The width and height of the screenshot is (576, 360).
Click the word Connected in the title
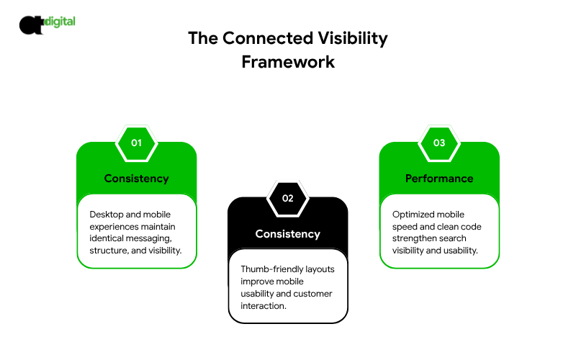pyautogui.click(x=268, y=38)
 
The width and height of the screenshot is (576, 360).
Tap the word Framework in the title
pyautogui.click(x=288, y=62)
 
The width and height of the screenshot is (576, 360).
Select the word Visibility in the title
pyautogui.click(x=353, y=39)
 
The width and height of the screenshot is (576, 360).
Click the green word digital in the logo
pyautogui.click(x=60, y=22)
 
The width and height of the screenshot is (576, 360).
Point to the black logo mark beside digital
pyautogui.click(x=32, y=25)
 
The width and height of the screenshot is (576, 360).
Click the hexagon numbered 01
pyautogui.click(x=137, y=143)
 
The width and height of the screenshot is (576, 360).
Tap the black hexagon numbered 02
pyautogui.click(x=287, y=199)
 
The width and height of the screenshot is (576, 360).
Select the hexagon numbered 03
pyautogui.click(x=439, y=143)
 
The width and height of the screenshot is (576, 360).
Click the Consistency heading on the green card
pyautogui.click(x=137, y=179)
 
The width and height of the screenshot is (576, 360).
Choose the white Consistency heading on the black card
pyautogui.click(x=287, y=234)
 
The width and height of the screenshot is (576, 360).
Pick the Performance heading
pyautogui.click(x=439, y=179)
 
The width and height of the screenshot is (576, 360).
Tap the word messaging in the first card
pyautogui.click(x=148, y=239)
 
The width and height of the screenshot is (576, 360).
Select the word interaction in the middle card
pyautogui.click(x=263, y=305)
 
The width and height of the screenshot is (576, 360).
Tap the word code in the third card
pyautogui.click(x=471, y=227)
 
